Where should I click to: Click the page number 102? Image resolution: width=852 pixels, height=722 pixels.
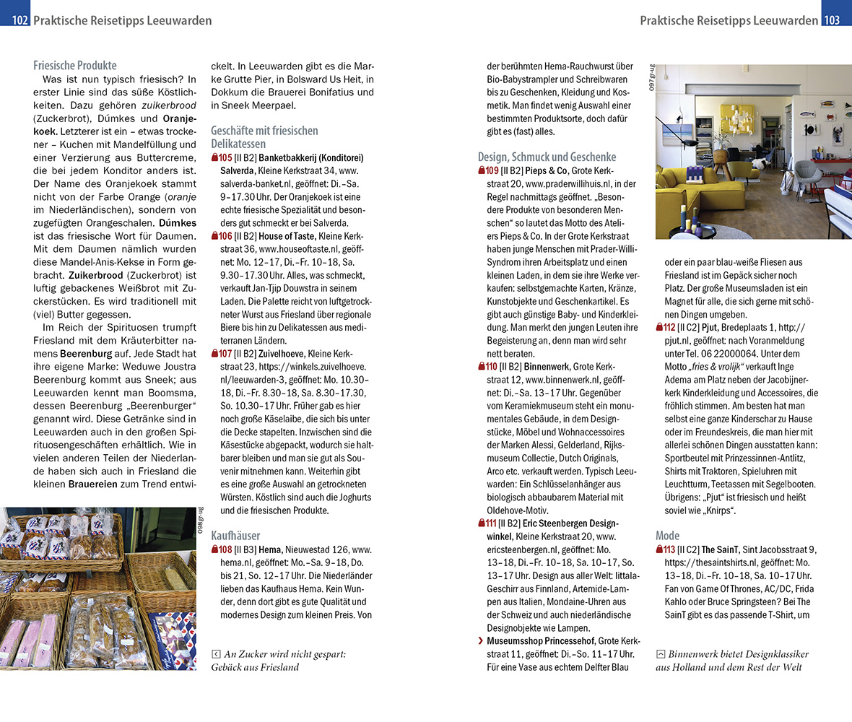tap(20, 20)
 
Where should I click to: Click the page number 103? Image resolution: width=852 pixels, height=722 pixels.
tap(832, 20)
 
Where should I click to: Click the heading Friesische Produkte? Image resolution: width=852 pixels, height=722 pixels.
tap(75, 66)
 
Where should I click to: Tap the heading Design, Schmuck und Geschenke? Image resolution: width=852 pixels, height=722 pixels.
tap(547, 157)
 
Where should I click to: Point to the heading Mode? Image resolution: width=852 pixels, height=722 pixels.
tap(668, 536)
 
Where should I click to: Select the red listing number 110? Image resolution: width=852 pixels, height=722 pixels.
tap(492, 367)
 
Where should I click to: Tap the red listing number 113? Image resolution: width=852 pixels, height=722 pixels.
tap(669, 549)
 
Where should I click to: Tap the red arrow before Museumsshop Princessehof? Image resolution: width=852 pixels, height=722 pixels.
tap(481, 641)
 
